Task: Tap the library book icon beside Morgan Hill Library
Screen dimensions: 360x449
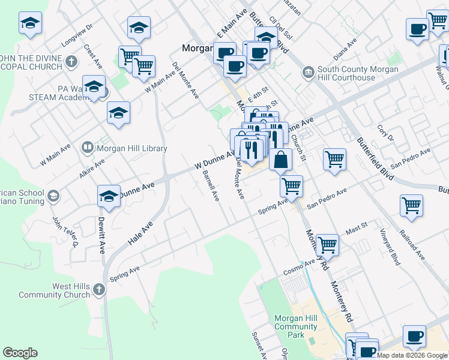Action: pos(88,148)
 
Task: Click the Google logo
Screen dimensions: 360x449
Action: pos(20,353)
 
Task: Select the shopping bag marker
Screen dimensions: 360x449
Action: pos(280,160)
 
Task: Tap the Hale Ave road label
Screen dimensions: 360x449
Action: pos(140,234)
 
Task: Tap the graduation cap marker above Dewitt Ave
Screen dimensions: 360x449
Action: pos(109,195)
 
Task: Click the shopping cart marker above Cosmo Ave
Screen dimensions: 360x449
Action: pos(327,244)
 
